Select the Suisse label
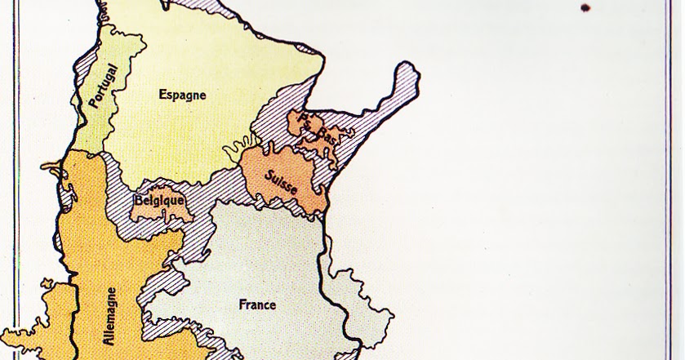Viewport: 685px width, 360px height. pos(282,182)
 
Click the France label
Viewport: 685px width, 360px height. pos(256,304)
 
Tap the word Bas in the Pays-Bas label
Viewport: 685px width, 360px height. pos(327,135)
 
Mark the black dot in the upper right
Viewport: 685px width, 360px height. pos(585,9)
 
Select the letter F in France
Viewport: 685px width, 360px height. pos(242,304)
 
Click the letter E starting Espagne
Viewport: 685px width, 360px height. pos(162,94)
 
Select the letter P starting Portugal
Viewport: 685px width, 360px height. pos(92,106)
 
